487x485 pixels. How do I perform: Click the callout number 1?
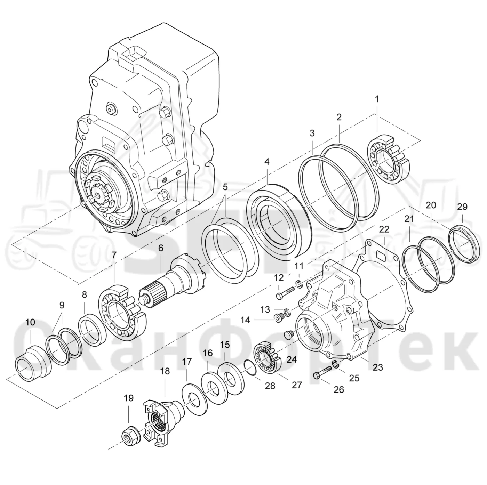tap(377, 99)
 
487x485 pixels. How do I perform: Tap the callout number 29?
tap(462, 207)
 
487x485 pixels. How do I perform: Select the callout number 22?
tap(384, 229)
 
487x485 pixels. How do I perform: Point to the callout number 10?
tap(30, 322)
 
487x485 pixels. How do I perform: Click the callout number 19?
tap(129, 398)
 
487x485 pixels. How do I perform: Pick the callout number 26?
tap(339, 389)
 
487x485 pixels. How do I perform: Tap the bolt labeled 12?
tap(286, 293)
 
